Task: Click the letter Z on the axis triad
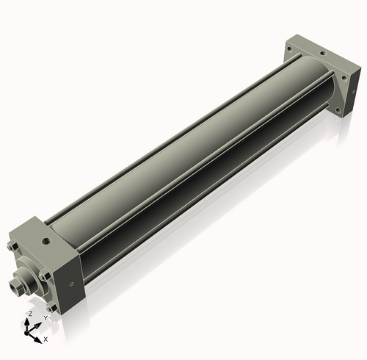(31, 314)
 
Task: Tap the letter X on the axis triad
(46, 339)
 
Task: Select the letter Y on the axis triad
(46, 318)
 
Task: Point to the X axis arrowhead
(38, 340)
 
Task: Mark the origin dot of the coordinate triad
(26, 333)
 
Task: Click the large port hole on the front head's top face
(46, 241)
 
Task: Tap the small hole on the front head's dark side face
(71, 284)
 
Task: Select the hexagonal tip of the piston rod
(14, 286)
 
